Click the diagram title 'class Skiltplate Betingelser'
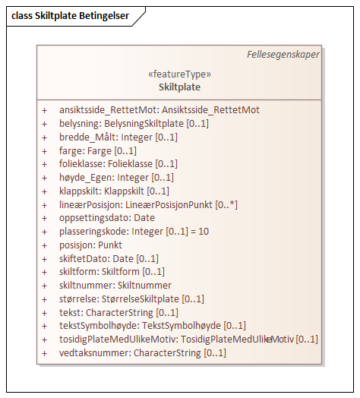70,15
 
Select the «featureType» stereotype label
180,74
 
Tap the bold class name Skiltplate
180,87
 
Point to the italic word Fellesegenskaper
283,55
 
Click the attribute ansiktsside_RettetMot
159,110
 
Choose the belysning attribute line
134,123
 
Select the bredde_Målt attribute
118,137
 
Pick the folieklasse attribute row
118,163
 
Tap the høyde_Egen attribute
116,177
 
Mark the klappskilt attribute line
114,191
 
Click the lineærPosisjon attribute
148,204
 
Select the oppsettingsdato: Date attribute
106,218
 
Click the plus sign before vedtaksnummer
45,353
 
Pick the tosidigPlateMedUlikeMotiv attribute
188,340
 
